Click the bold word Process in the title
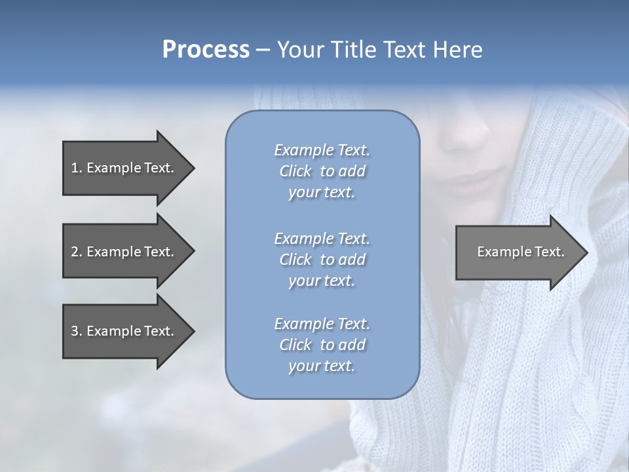206,50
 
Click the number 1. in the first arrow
77,168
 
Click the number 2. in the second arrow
77,252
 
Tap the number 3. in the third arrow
77,331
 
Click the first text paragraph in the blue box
322,171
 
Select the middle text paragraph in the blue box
322,259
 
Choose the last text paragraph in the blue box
322,345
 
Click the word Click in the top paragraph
295,171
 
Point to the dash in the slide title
263,50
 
